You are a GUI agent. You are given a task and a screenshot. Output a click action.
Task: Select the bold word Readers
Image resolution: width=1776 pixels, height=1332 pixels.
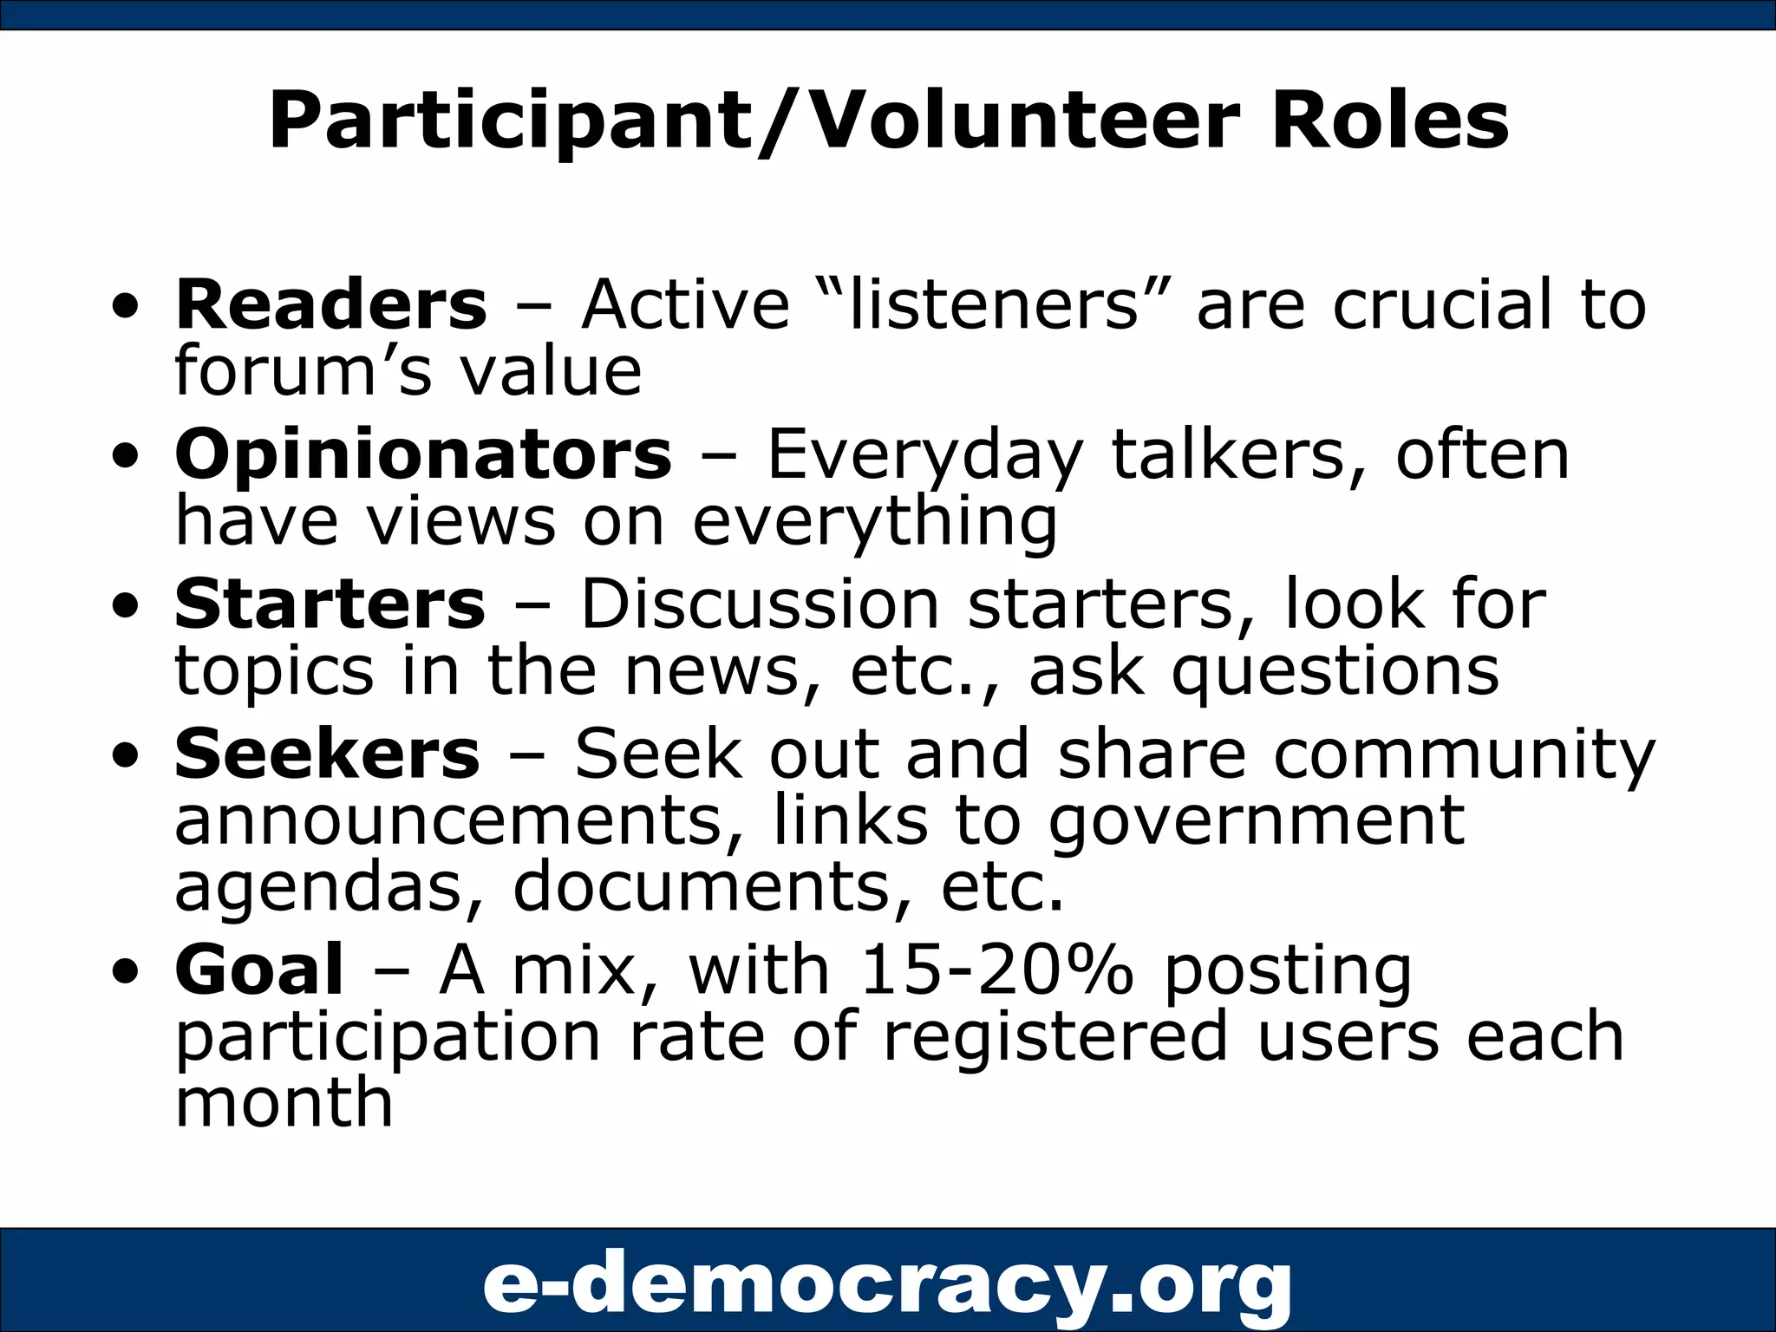331,304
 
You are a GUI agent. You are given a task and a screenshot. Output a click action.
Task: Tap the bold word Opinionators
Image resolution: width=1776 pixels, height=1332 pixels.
423,454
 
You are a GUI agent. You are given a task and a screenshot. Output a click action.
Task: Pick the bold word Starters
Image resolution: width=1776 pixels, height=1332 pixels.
330,604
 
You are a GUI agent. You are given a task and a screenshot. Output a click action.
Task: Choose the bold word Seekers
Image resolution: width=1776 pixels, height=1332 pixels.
327,754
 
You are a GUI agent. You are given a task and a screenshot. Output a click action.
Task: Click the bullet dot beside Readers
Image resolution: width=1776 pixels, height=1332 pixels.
126,307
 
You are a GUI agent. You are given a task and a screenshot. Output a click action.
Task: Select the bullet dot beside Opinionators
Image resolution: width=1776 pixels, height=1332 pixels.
126,457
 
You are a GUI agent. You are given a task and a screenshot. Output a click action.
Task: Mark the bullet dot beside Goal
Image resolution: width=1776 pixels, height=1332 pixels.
126,972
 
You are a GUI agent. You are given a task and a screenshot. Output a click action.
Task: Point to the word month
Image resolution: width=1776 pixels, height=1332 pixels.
284,1102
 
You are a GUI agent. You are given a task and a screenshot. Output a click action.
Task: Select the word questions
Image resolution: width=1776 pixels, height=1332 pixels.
1335,672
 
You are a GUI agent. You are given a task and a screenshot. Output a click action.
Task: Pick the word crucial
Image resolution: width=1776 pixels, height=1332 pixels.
1442,304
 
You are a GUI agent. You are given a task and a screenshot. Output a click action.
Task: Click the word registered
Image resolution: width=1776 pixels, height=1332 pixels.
1054,1036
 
